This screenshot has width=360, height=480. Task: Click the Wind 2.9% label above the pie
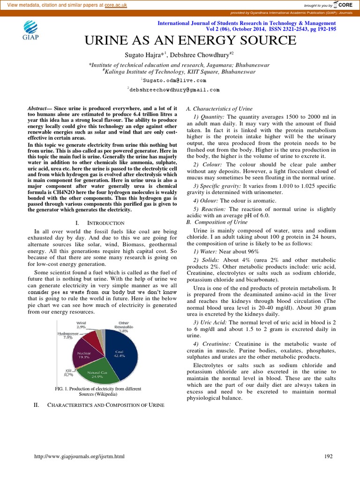click(82, 324)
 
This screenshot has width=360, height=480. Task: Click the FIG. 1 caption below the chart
click(98, 391)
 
